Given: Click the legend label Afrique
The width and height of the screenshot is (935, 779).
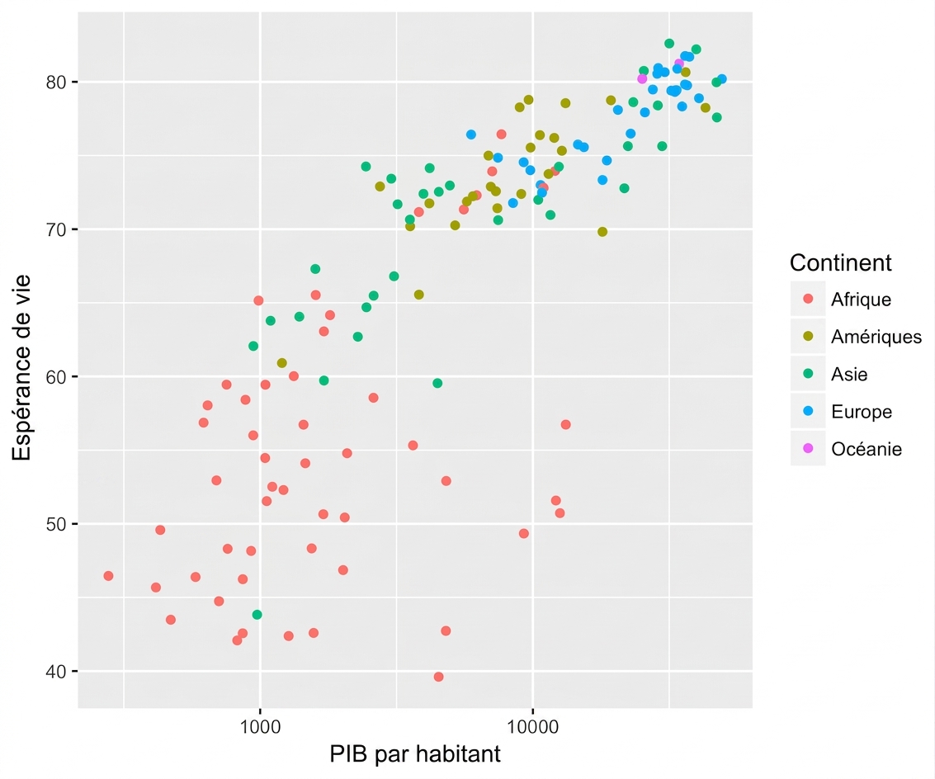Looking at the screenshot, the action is point(861,299).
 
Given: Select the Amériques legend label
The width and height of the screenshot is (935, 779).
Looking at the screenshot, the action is point(876,337).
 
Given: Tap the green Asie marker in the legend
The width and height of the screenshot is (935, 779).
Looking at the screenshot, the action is point(808,374).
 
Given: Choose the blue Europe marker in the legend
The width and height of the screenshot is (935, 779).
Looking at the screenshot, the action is point(808,411).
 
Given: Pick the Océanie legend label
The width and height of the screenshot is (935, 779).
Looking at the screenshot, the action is point(867,449).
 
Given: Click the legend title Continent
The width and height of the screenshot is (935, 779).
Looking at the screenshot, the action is point(840,262).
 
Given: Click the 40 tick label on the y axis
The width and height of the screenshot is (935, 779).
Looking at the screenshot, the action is point(55,671).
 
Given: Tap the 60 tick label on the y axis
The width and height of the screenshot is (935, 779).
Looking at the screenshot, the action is point(55,376).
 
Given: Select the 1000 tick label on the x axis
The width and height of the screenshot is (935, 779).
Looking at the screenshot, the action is point(260,726).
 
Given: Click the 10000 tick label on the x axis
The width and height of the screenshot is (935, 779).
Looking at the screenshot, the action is point(532,726).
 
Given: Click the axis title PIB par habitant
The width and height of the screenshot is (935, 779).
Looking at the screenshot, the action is point(415,754).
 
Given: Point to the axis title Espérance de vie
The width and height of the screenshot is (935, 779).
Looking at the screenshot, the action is point(21,367).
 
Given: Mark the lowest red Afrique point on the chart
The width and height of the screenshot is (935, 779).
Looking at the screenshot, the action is point(438,677).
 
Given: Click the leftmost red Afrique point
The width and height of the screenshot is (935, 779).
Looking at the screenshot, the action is point(108,576).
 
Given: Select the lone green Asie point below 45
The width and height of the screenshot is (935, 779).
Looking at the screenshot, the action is point(257,615).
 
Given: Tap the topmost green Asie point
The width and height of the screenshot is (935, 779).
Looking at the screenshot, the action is point(669,44).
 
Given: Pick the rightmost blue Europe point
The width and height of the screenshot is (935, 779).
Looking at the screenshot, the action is point(721,78).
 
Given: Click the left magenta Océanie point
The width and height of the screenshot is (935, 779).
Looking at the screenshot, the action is point(641,78).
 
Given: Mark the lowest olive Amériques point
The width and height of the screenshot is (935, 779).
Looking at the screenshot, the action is point(281,362).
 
